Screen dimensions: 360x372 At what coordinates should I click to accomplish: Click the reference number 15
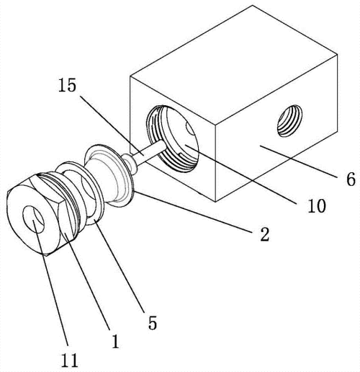pyautogui.click(x=68, y=85)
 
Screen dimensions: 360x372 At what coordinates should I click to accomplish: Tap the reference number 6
pyautogui.click(x=351, y=179)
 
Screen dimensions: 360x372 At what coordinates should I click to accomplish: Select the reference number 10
pyautogui.click(x=317, y=205)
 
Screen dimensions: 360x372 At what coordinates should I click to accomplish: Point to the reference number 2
pyautogui.click(x=265, y=234)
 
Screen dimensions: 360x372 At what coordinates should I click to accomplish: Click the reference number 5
pyautogui.click(x=153, y=322)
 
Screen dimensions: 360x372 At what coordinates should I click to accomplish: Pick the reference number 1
pyautogui.click(x=115, y=341)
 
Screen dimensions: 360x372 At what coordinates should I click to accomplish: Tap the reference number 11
pyautogui.click(x=70, y=360)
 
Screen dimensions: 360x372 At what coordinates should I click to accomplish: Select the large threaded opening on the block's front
pyautogui.click(x=172, y=138)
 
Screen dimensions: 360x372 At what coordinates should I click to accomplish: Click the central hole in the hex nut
pyautogui.click(x=33, y=219)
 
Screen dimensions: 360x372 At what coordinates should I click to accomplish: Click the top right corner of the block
pyautogui.click(x=338, y=55)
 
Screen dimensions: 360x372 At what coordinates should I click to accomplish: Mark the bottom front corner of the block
pyautogui.click(x=215, y=201)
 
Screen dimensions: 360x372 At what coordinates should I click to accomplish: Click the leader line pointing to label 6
pyautogui.click(x=299, y=161)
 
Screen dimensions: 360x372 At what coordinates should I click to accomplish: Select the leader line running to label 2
pyautogui.click(x=193, y=212)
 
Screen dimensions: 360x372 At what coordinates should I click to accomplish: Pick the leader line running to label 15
pyautogui.click(x=112, y=126)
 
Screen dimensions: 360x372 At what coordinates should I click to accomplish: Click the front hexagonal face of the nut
pyautogui.click(x=33, y=218)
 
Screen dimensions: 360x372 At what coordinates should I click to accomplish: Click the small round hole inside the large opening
pyautogui.click(x=189, y=130)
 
